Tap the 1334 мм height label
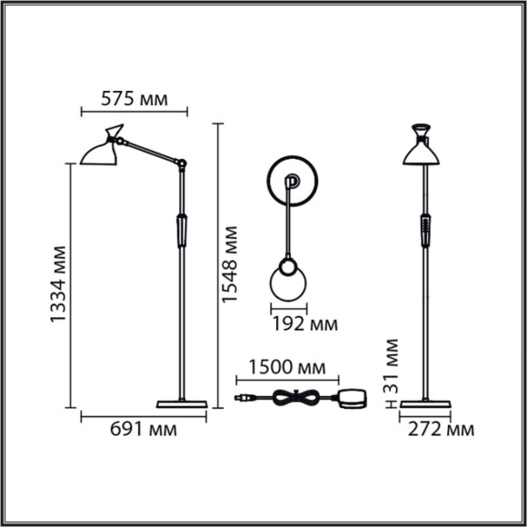pyautogui.click(x=59, y=284)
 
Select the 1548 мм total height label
pyautogui.click(x=232, y=264)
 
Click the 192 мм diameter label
pyautogui.click(x=303, y=323)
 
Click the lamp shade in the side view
pyautogui.click(x=99, y=151)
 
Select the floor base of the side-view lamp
pyautogui.click(x=183, y=403)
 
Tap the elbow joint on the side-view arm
pyautogui.click(x=183, y=164)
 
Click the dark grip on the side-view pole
pyautogui.click(x=182, y=230)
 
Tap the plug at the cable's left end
pyautogui.click(x=243, y=398)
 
